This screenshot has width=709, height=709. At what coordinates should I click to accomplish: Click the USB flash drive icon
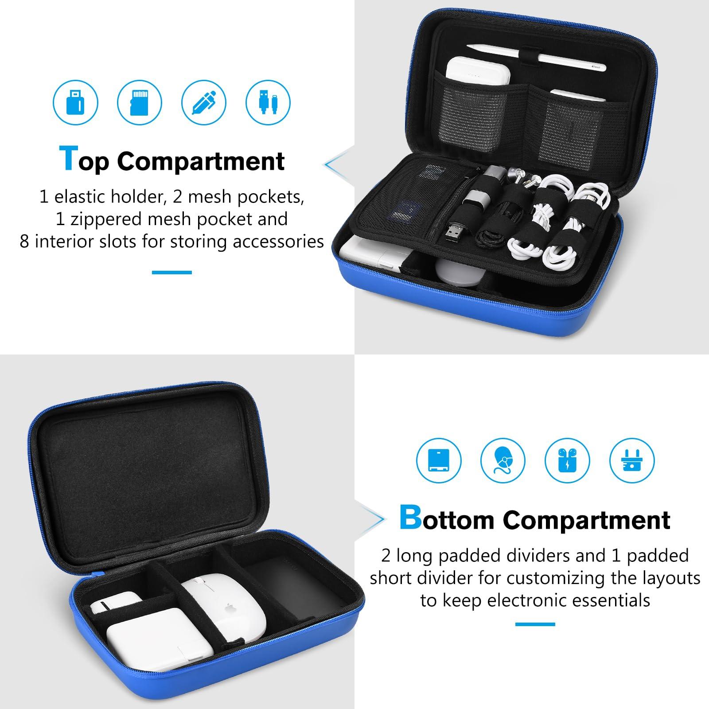(75, 102)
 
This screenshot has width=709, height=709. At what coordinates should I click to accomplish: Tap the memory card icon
(140, 102)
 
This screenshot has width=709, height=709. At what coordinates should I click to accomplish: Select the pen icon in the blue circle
(204, 102)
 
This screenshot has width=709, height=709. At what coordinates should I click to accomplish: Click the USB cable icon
(268, 102)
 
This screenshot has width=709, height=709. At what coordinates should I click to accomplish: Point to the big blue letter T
(68, 158)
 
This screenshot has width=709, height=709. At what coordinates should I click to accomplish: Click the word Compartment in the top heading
(200, 161)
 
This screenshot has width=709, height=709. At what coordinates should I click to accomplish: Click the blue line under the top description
(172, 272)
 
